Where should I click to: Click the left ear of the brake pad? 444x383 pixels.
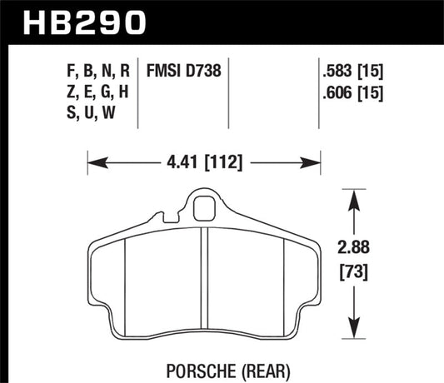96,275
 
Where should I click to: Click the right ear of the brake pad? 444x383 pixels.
313,275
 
